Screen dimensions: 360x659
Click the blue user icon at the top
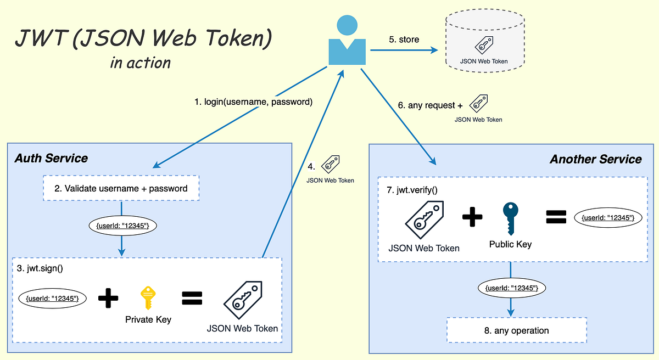[347, 42]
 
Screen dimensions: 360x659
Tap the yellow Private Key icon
[147, 298]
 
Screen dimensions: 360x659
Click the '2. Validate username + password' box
[121, 188]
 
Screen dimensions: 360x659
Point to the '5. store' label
[404, 40]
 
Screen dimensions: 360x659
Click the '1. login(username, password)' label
[254, 102]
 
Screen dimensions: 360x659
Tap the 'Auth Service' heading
[51, 158]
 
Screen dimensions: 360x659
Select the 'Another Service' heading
[595, 159]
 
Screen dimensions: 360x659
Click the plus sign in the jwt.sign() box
[108, 299]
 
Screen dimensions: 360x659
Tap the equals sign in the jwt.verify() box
[556, 218]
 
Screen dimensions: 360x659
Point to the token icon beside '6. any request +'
[478, 103]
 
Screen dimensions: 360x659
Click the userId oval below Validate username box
[122, 226]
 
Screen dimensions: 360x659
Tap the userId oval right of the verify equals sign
[608, 218]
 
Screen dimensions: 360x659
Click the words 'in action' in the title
[141, 63]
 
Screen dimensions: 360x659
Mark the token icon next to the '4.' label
[330, 164]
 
